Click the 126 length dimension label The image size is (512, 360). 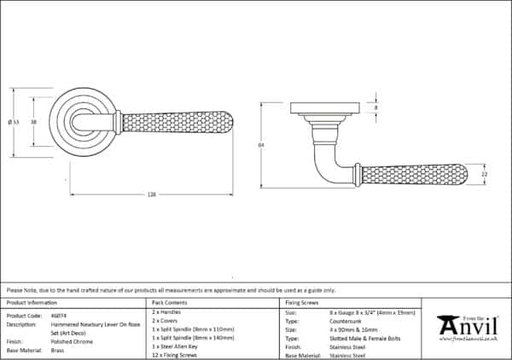pos(151,195)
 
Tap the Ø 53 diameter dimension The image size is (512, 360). pos(15,123)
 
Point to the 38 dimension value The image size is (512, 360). pos(33,123)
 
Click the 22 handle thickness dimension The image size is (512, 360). pos(484,175)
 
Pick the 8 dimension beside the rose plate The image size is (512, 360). pos(376,108)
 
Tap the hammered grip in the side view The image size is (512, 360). pos(413,175)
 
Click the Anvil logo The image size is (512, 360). pos(468,327)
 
